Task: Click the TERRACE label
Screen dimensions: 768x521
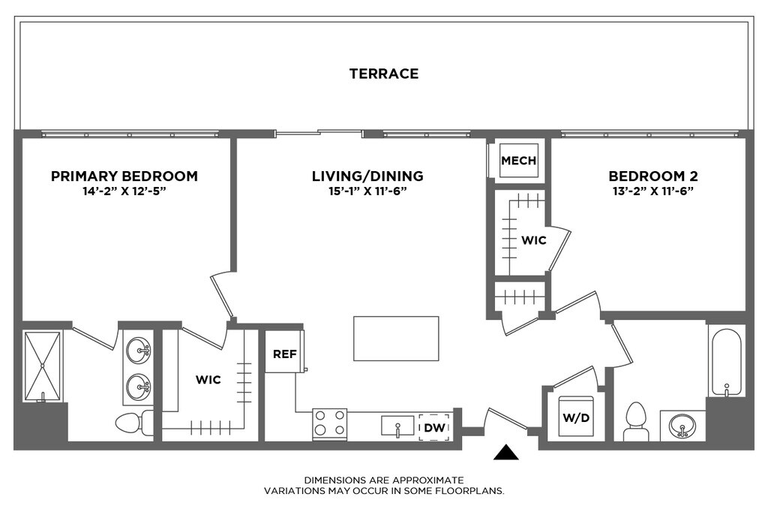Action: pyautogui.click(x=383, y=74)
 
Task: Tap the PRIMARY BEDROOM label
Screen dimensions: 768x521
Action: pyautogui.click(x=124, y=176)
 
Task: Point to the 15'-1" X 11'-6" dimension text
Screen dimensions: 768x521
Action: pyautogui.click(x=367, y=191)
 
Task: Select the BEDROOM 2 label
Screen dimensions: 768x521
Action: pyautogui.click(x=653, y=176)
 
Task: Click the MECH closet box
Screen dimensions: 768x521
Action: pyautogui.click(x=519, y=160)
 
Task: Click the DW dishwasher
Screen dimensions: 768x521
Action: pyautogui.click(x=434, y=427)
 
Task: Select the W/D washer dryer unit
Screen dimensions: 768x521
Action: pyautogui.click(x=576, y=416)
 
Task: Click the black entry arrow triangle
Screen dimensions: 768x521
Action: pyautogui.click(x=506, y=453)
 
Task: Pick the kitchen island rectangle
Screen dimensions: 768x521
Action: pyautogui.click(x=396, y=339)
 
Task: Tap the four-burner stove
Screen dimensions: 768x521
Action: pyautogui.click(x=330, y=423)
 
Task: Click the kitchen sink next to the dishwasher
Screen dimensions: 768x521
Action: pyautogui.click(x=397, y=426)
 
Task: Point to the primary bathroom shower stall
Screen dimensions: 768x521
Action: pyautogui.click(x=43, y=366)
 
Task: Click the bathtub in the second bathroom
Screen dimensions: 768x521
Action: pyautogui.click(x=727, y=363)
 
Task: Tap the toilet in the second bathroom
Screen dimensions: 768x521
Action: pyautogui.click(x=636, y=421)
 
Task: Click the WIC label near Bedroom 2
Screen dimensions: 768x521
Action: pyautogui.click(x=533, y=240)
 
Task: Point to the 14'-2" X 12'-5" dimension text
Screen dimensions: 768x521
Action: pyautogui.click(x=124, y=191)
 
